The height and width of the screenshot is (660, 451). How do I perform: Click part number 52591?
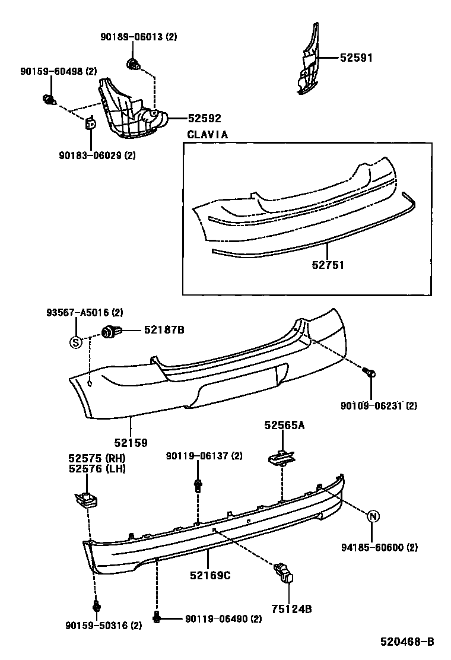coord(356,58)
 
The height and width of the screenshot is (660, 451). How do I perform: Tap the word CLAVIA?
coord(207,135)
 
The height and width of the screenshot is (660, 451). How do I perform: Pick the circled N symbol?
coord(373,516)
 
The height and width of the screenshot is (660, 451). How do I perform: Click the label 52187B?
coord(164,330)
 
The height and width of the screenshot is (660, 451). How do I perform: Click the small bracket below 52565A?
coord(281,458)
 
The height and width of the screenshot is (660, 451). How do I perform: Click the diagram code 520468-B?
coord(408,642)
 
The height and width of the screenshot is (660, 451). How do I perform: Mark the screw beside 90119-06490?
coord(157,618)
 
